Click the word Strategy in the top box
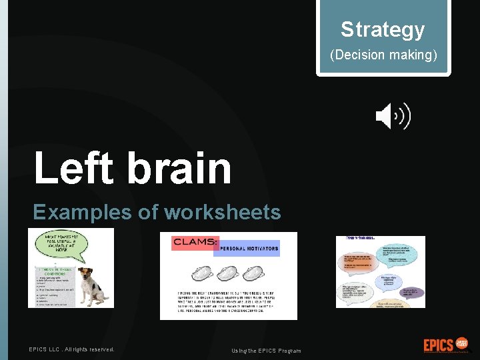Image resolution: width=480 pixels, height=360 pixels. [x=383, y=29]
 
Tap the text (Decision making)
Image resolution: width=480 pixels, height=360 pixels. [x=383, y=55]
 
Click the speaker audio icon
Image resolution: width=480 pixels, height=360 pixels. [x=393, y=117]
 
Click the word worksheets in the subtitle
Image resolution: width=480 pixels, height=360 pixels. [x=223, y=212]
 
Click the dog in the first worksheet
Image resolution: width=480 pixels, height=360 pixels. [x=91, y=287]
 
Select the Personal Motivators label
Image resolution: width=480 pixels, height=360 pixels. [x=246, y=248]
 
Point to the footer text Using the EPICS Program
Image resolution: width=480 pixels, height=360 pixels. [x=266, y=351]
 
